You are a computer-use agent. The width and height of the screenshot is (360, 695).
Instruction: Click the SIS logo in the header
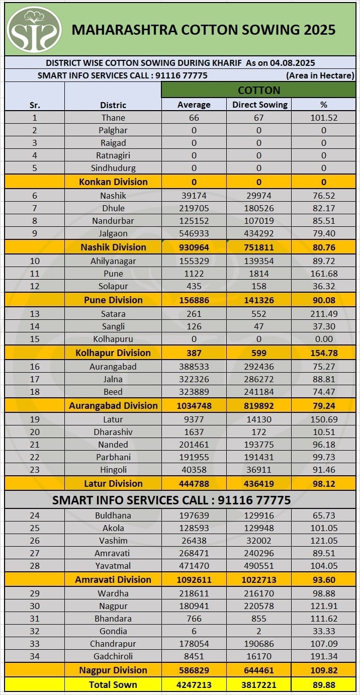click(x=34, y=29)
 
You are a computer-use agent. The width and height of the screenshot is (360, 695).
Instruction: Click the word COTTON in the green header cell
click(x=259, y=91)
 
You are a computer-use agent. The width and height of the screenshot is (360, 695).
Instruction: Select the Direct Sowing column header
click(x=259, y=105)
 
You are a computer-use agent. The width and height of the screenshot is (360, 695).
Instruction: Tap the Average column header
click(x=194, y=105)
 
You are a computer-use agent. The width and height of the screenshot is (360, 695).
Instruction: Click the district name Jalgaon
click(x=113, y=233)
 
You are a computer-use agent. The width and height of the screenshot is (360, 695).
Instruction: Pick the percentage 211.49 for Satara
click(x=324, y=314)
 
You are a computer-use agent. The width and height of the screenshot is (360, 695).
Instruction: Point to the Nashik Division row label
click(x=113, y=247)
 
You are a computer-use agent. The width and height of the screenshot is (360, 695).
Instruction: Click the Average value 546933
click(x=194, y=233)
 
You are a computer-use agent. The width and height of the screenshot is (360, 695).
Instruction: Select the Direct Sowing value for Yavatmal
click(x=259, y=566)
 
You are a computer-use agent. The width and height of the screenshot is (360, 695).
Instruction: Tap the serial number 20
click(x=34, y=432)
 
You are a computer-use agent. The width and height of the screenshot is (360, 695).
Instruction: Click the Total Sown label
click(x=113, y=684)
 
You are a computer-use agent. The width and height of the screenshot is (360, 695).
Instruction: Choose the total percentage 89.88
click(x=324, y=684)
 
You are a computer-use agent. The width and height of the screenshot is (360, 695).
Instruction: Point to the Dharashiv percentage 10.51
click(x=324, y=432)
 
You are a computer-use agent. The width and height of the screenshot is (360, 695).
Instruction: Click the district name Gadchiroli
click(x=113, y=656)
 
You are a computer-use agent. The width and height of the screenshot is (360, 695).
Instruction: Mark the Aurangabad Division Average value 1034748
click(x=194, y=405)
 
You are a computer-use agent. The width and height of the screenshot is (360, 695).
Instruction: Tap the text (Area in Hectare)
click(x=321, y=75)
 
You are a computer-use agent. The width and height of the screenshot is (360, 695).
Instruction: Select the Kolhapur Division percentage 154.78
click(x=324, y=353)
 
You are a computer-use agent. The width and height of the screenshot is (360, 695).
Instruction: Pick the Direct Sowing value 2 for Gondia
click(x=259, y=631)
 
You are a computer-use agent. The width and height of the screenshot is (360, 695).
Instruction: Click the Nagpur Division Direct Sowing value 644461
click(x=259, y=670)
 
